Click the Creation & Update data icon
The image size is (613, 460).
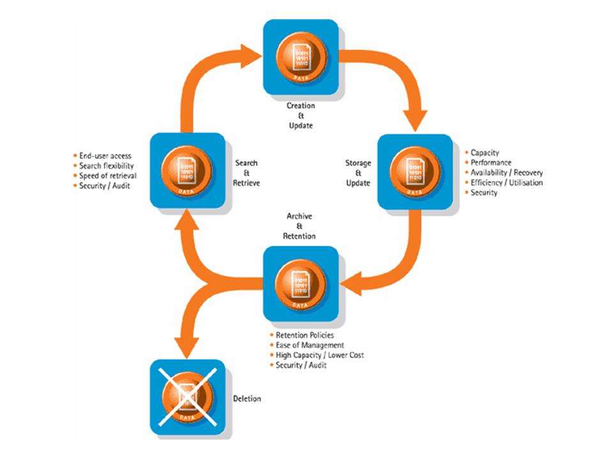pyautogui.click(x=300, y=56)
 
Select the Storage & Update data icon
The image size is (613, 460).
pyautogui.click(x=415, y=171)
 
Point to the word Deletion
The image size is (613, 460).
pyautogui.click(x=248, y=399)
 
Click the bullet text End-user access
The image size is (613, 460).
pyautogui.click(x=105, y=155)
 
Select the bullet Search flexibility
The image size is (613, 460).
pyautogui.click(x=108, y=165)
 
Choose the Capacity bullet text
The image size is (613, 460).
pyautogui.click(x=485, y=153)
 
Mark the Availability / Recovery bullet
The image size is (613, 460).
pyautogui.click(x=506, y=173)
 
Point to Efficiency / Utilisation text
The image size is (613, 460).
pyautogui.click(x=506, y=183)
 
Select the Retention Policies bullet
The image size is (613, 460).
pyautogui.click(x=304, y=335)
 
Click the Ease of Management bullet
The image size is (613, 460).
pyautogui.click(x=306, y=346)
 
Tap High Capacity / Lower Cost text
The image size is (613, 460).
pyautogui.click(x=319, y=355)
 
